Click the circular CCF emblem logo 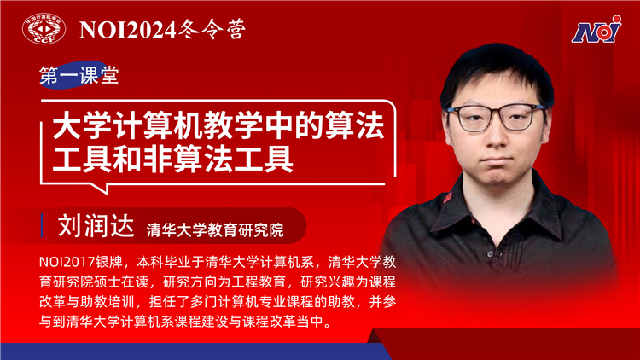44,28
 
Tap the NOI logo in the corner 596,29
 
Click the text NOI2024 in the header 127,30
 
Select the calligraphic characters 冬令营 212,29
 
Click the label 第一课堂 79,75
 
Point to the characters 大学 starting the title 82,126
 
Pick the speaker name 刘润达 96,225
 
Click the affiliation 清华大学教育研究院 215,229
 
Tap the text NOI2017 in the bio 67,262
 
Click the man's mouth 497,160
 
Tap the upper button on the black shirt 490,254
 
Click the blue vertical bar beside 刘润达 42,225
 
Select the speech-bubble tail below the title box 100,189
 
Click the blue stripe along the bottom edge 192,351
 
